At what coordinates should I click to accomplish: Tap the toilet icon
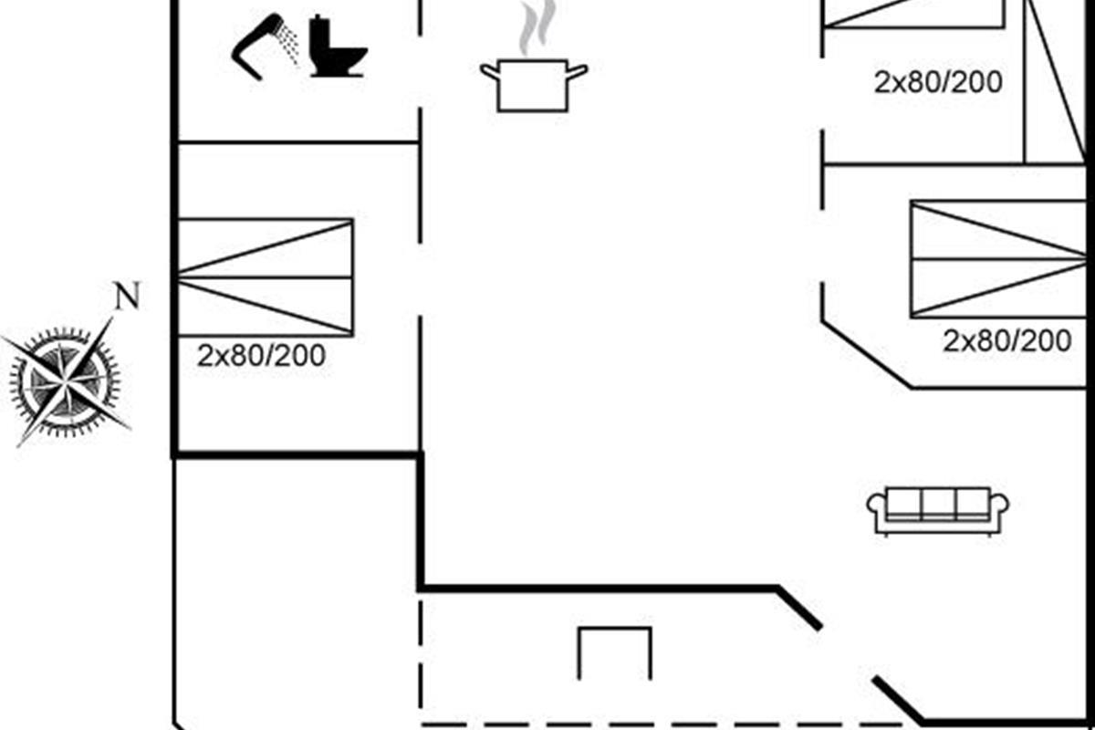(x=338, y=47)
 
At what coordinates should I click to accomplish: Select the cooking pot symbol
(x=533, y=86)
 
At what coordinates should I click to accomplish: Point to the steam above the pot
(x=537, y=26)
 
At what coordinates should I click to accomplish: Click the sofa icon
(x=938, y=511)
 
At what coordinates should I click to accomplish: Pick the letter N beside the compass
(x=127, y=296)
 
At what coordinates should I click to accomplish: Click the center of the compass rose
(x=65, y=381)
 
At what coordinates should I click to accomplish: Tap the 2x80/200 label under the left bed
(x=261, y=356)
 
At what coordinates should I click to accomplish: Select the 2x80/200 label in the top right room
(x=938, y=82)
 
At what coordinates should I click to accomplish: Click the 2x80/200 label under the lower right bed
(x=1007, y=340)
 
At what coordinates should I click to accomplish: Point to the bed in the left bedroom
(x=265, y=277)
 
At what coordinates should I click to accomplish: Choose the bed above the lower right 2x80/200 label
(x=998, y=259)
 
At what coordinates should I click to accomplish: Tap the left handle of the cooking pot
(x=489, y=71)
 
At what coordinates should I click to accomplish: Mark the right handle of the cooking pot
(x=578, y=71)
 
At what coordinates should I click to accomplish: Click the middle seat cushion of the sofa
(x=939, y=505)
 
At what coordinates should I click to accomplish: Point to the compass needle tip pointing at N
(x=112, y=318)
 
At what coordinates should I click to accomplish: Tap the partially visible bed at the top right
(x=914, y=14)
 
